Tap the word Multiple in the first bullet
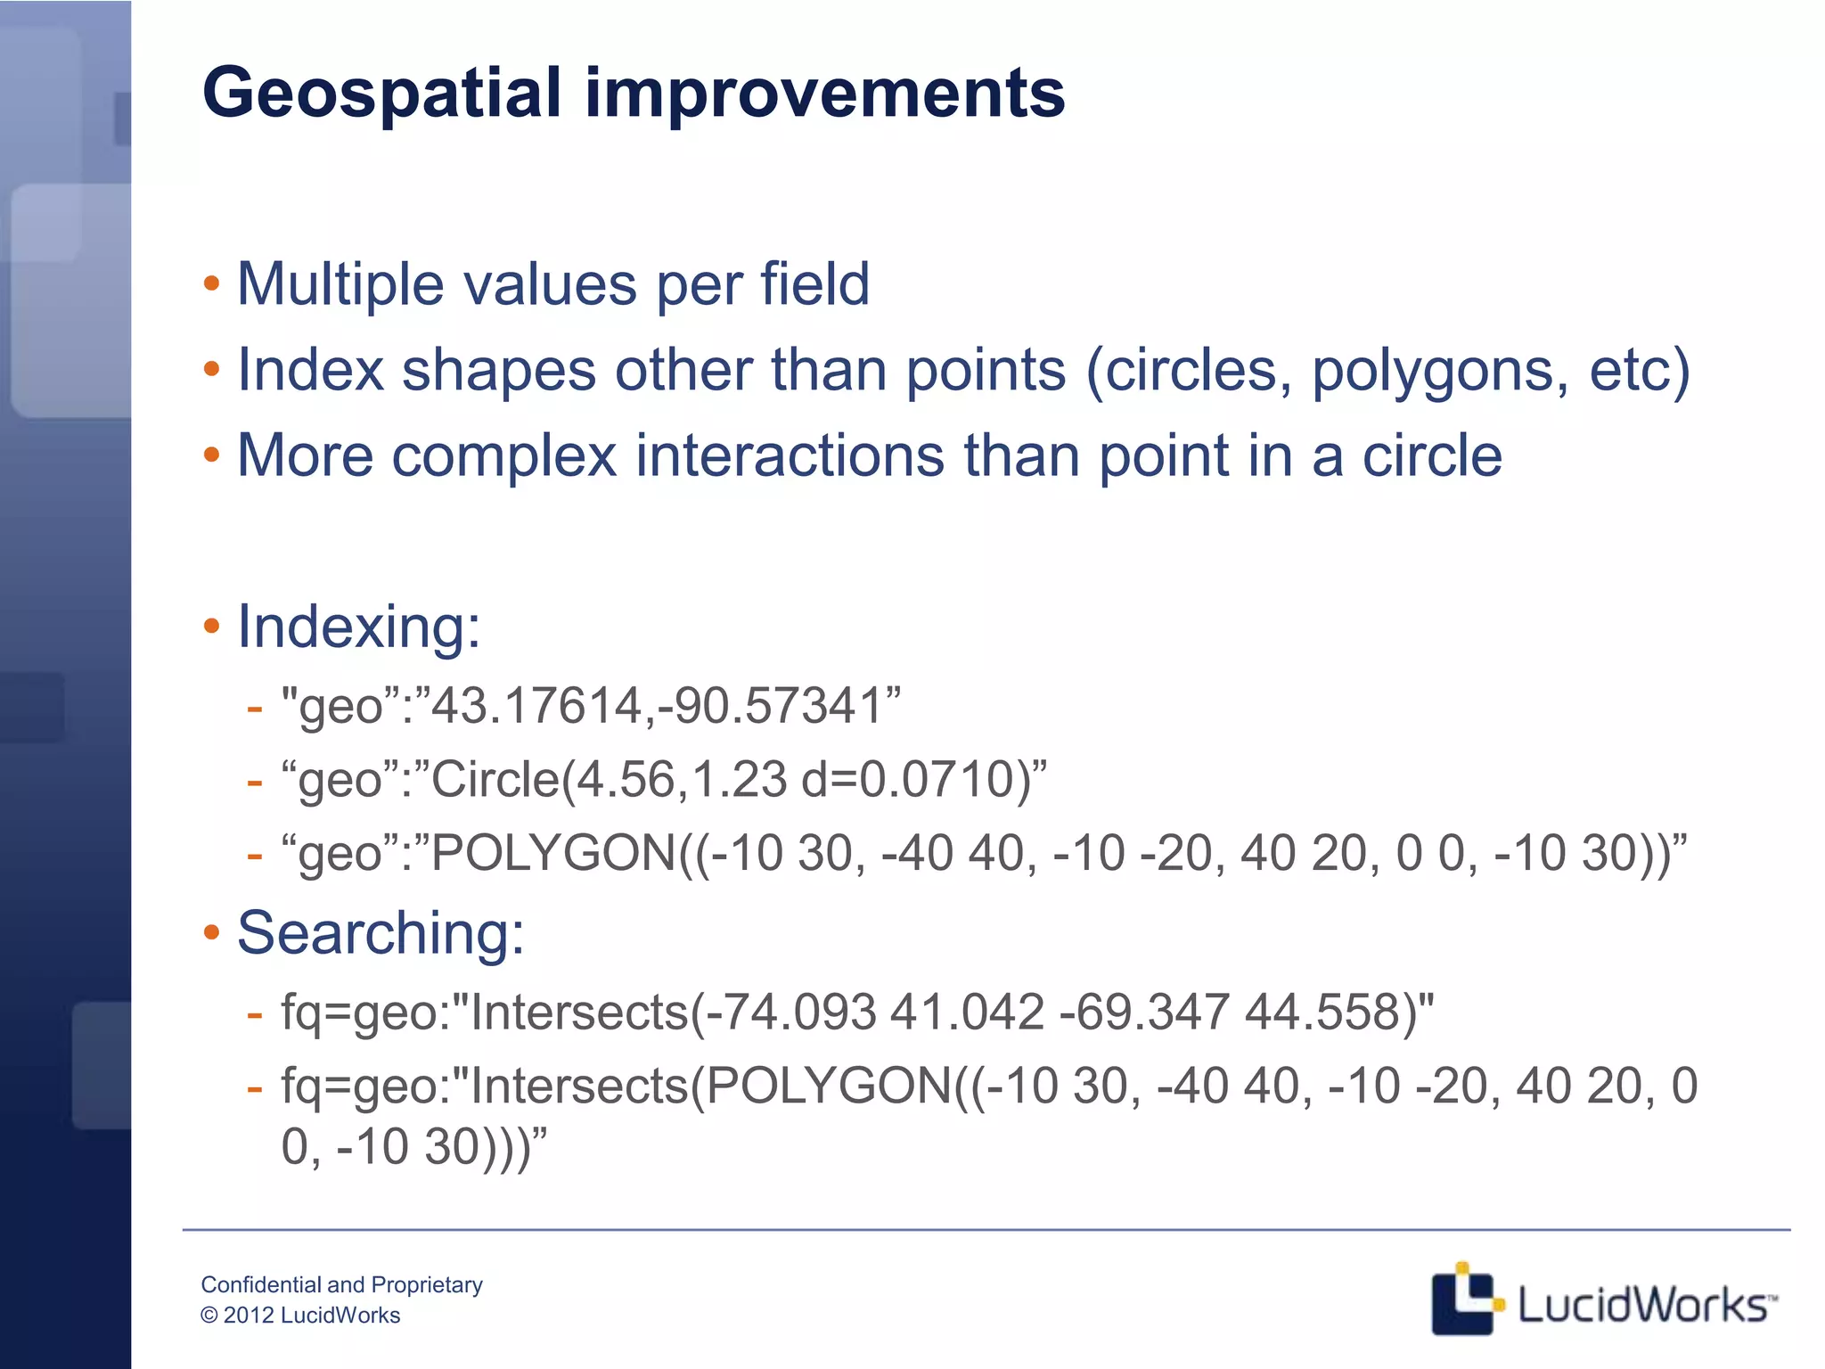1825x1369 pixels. [x=340, y=285]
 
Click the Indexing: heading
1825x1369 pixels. [x=358, y=627]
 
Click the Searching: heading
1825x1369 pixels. [x=381, y=934]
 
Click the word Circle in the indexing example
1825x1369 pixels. [x=495, y=780]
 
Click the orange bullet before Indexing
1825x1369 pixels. [x=211, y=627]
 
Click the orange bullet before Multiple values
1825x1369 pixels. [x=211, y=285]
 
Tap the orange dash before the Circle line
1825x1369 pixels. [x=255, y=783]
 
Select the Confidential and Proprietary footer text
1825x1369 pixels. [x=341, y=1284]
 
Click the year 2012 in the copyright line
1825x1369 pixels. [x=249, y=1316]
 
